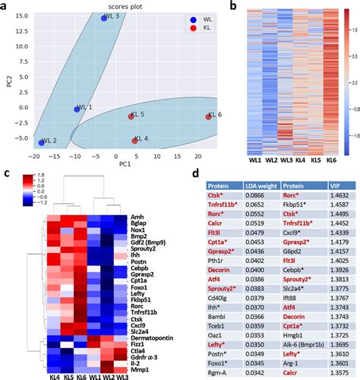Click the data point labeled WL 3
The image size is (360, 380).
[x=105, y=17]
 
